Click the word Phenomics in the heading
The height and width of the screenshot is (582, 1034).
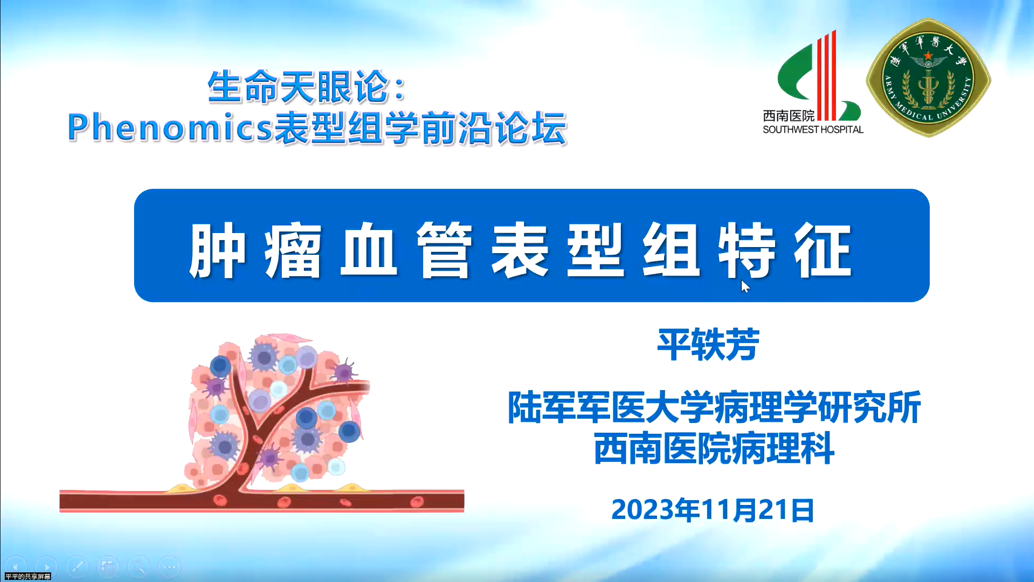170,127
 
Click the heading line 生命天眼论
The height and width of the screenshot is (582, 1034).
306,87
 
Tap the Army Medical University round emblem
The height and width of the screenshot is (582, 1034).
928,78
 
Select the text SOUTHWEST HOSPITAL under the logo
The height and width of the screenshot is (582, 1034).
813,130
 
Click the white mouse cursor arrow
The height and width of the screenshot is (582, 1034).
745,286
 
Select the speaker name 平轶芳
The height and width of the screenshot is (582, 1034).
708,345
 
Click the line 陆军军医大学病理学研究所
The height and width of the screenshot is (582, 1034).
714,407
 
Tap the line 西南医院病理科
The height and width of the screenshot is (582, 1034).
714,448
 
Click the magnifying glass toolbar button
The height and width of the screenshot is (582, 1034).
138,567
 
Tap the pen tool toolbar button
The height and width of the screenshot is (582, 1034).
77,567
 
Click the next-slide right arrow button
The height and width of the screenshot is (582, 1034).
46,567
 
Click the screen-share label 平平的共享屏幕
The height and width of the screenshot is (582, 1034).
28,577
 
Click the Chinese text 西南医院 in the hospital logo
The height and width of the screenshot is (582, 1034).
789,116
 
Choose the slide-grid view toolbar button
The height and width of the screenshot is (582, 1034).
107,567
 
